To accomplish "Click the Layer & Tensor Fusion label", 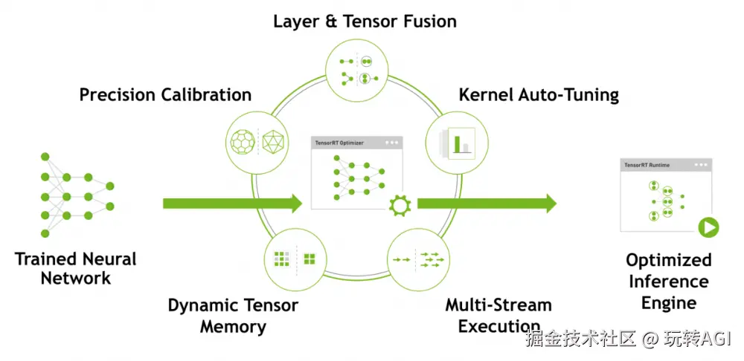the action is (365, 22).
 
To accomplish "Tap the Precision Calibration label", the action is (165, 95).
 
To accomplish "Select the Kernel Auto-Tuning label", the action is (539, 95).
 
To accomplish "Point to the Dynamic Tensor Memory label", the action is (233, 316).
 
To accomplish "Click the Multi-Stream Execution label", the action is (498, 316).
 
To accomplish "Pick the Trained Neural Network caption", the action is (75, 268).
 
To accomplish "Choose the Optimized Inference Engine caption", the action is (669, 281).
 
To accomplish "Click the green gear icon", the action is (400, 205).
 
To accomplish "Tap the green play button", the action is (708, 228).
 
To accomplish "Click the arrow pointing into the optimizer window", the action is (232, 204).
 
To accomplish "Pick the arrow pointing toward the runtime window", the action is (487, 204).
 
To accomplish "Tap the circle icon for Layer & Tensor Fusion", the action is (357, 70).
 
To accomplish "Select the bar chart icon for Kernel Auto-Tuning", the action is (456, 143).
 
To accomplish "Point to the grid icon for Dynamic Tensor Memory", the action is (295, 259).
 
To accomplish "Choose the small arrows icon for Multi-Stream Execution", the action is (418, 260).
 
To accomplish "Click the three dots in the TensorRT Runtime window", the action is (700, 165).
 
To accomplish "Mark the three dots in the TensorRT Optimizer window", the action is (392, 142).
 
